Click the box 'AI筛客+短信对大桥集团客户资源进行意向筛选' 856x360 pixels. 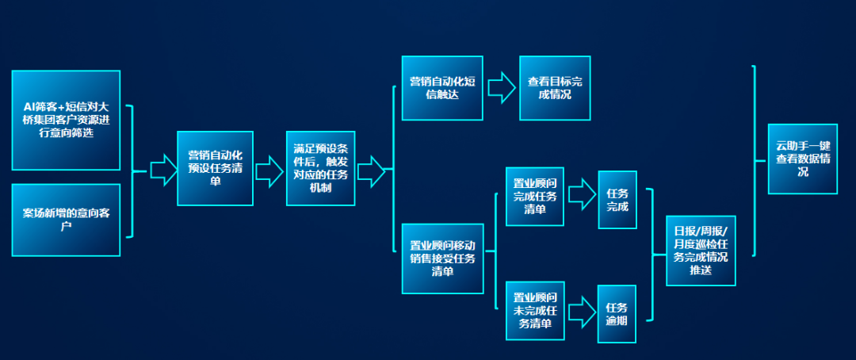tap(66, 120)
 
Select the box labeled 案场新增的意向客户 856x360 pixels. tap(66, 220)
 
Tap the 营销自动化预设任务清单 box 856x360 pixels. tap(210, 168)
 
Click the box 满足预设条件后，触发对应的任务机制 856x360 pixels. tap(320, 168)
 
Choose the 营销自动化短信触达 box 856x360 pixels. tap(441, 88)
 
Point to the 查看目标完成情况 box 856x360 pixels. tap(555, 88)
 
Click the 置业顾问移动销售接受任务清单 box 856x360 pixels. tap(441, 257)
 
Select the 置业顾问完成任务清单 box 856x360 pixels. tap(535, 196)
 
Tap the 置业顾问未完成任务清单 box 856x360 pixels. tap(535, 310)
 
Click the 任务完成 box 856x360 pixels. tap(617, 200)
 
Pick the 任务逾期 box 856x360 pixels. tap(617, 314)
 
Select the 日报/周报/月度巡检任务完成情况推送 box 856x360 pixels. tap(701, 251)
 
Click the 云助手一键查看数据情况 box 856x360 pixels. tap(802, 159)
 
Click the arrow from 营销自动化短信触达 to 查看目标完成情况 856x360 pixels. tap(501, 88)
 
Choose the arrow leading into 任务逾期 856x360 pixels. tap(582, 310)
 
